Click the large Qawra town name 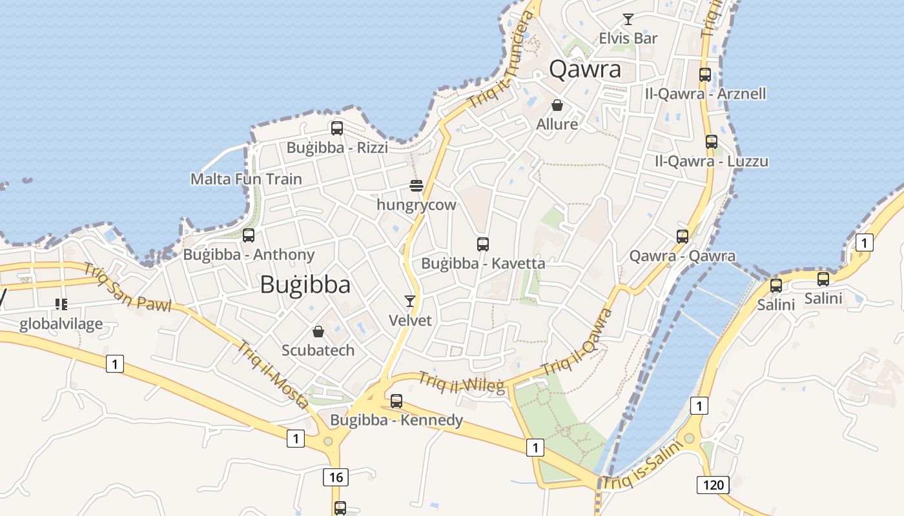[x=585, y=69]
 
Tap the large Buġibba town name [x=305, y=284]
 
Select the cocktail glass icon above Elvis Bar [x=628, y=19]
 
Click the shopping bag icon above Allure [x=557, y=105]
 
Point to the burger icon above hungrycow [x=416, y=186]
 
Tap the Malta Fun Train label [x=246, y=179]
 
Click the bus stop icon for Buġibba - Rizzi [x=337, y=128]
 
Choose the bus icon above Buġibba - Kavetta [x=483, y=244]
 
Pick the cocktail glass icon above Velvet [x=410, y=301]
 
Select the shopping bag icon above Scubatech [x=318, y=332]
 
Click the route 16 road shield [x=335, y=477]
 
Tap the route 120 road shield [x=713, y=484]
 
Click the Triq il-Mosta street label [x=272, y=375]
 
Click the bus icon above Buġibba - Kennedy [x=396, y=401]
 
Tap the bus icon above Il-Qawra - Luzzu [x=712, y=142]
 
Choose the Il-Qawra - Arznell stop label [x=705, y=94]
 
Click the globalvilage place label [x=61, y=324]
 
